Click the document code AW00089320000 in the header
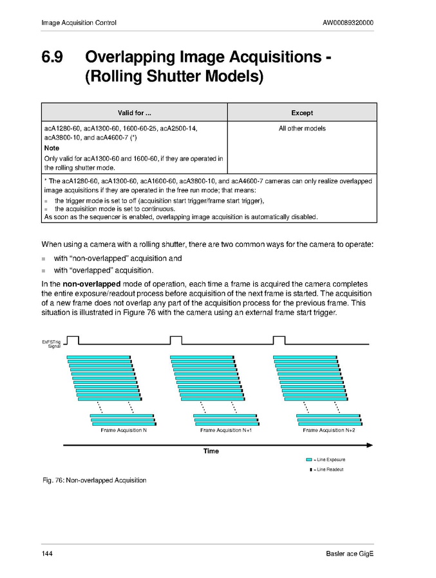(348, 23)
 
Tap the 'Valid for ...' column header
(134, 113)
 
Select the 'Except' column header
(301, 113)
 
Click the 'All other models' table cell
(301, 129)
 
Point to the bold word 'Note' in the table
(52, 148)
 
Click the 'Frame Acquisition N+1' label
(225, 430)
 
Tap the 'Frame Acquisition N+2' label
(328, 430)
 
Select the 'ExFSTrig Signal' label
(52, 343)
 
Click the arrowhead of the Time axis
(370, 444)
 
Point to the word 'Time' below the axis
(211, 451)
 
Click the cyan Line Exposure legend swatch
(309, 460)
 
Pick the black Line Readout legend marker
(310, 469)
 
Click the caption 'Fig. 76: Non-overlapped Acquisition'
(94, 480)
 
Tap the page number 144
(47, 554)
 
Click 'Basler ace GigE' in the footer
(350, 554)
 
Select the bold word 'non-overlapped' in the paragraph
(86, 284)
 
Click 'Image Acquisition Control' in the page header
(79, 23)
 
